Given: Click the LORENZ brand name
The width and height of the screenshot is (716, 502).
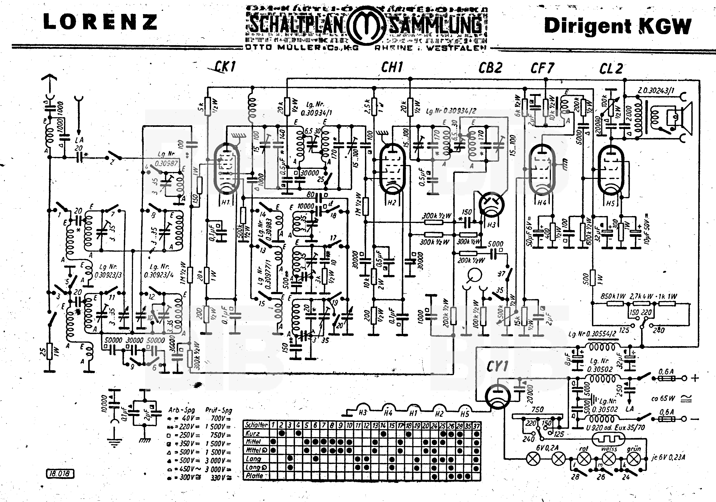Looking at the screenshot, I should tap(100, 22).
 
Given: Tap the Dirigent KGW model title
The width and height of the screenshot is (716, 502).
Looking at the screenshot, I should tap(618, 26).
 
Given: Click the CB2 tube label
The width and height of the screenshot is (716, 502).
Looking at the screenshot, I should tap(490, 68).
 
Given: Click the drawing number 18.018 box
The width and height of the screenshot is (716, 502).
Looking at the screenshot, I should tap(60, 473).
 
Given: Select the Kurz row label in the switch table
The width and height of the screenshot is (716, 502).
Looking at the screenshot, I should tap(253, 433).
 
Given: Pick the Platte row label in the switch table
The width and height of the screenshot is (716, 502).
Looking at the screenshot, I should tap(254, 476).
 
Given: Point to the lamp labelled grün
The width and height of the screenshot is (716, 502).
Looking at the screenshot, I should tap(633, 459).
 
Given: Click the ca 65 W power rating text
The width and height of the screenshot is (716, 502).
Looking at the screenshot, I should tap(663, 398).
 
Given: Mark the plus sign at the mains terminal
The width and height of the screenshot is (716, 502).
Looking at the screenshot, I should tap(695, 378).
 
